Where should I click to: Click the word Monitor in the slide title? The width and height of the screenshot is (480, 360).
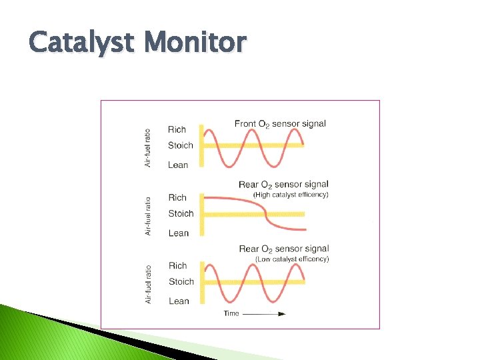pos(197,43)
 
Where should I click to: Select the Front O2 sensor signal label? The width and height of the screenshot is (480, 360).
pos(280,124)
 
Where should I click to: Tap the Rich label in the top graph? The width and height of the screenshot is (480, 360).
pos(177,129)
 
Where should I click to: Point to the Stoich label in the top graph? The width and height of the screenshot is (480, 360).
pos(181,145)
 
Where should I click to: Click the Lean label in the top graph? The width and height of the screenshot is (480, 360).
pos(178,165)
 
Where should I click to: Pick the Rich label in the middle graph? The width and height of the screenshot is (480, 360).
pos(177,197)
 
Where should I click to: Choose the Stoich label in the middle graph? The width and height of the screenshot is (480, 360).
pos(181,213)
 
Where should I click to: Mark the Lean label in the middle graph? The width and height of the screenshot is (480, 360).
pos(179,233)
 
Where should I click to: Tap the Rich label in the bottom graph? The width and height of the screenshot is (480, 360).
pos(178,265)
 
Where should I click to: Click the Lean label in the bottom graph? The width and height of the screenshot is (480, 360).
pos(179,301)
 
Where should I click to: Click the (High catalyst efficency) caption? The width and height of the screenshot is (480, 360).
pos(291,195)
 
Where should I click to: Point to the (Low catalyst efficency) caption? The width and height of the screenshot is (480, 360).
pos(292,259)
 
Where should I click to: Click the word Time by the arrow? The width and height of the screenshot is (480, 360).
pos(231,313)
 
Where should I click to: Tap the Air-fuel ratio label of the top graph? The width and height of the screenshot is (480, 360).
pos(148,148)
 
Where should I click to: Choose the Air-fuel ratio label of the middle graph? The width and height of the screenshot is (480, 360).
pos(148,215)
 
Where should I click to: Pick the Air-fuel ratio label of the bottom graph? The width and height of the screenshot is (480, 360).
pos(148,284)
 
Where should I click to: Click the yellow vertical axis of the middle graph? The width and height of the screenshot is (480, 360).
pos(203,214)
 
